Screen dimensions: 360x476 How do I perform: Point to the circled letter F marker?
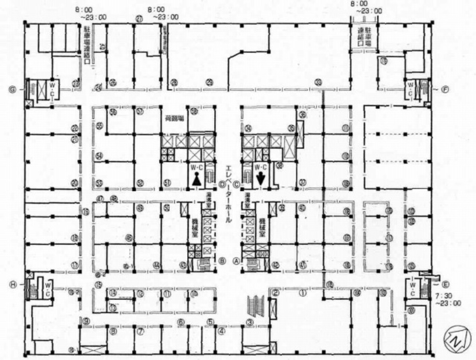445,89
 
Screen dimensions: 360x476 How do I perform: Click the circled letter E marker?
445,284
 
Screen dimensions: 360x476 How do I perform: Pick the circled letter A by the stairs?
237,261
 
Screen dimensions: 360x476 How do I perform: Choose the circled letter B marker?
222,261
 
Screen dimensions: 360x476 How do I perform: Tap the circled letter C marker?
237,184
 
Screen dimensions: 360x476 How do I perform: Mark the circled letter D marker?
222,184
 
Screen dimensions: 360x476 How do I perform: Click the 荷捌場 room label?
173,118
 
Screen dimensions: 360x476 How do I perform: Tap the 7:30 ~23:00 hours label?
448,299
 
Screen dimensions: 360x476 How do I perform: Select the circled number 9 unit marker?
86,321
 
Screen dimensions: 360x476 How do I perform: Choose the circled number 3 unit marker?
249,322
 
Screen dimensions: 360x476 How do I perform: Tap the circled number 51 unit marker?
167,183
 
